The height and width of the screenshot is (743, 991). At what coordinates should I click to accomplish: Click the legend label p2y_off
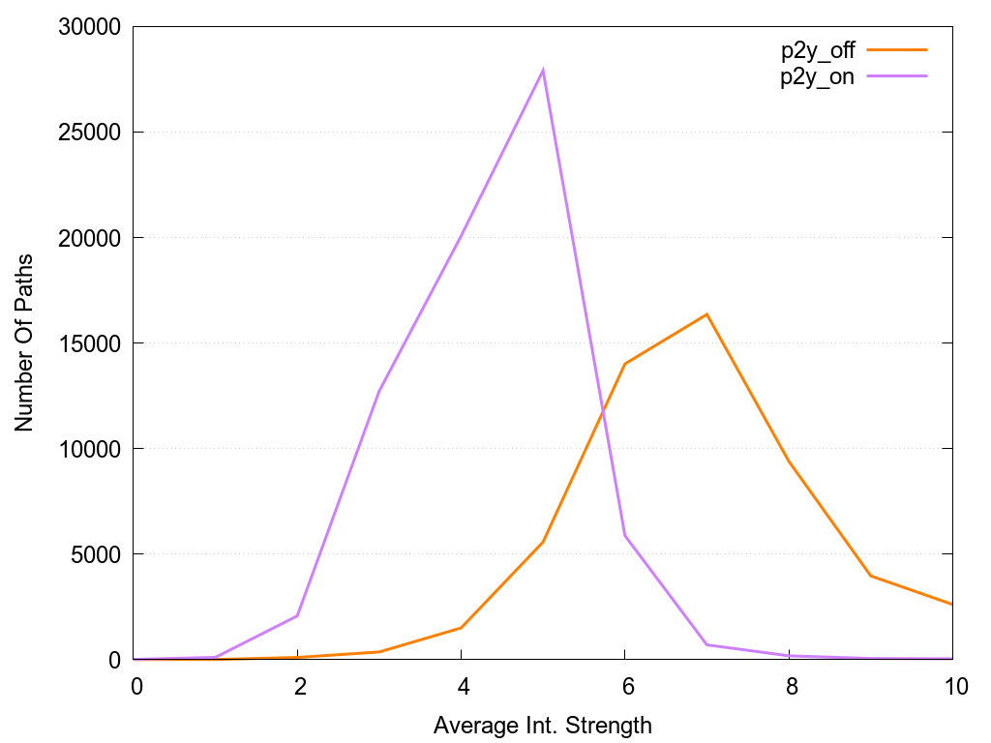(x=817, y=51)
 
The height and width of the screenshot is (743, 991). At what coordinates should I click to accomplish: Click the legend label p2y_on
(x=817, y=78)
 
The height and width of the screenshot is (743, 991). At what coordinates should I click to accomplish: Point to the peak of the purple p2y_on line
(x=543, y=70)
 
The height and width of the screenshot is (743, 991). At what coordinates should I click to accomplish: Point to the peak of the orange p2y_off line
(x=706, y=313)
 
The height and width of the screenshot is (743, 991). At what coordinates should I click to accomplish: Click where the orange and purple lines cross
(x=603, y=411)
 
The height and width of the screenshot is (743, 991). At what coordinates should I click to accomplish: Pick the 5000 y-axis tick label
(x=93, y=554)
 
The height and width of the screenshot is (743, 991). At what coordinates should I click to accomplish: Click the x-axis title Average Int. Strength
(x=543, y=725)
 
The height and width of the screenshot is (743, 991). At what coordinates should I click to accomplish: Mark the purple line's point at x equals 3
(x=379, y=391)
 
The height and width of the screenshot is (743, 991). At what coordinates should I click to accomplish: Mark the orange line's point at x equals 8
(x=789, y=461)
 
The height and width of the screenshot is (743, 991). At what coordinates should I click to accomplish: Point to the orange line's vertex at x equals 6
(x=625, y=364)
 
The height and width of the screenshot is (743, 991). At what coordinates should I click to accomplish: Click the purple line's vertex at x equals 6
(x=625, y=535)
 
